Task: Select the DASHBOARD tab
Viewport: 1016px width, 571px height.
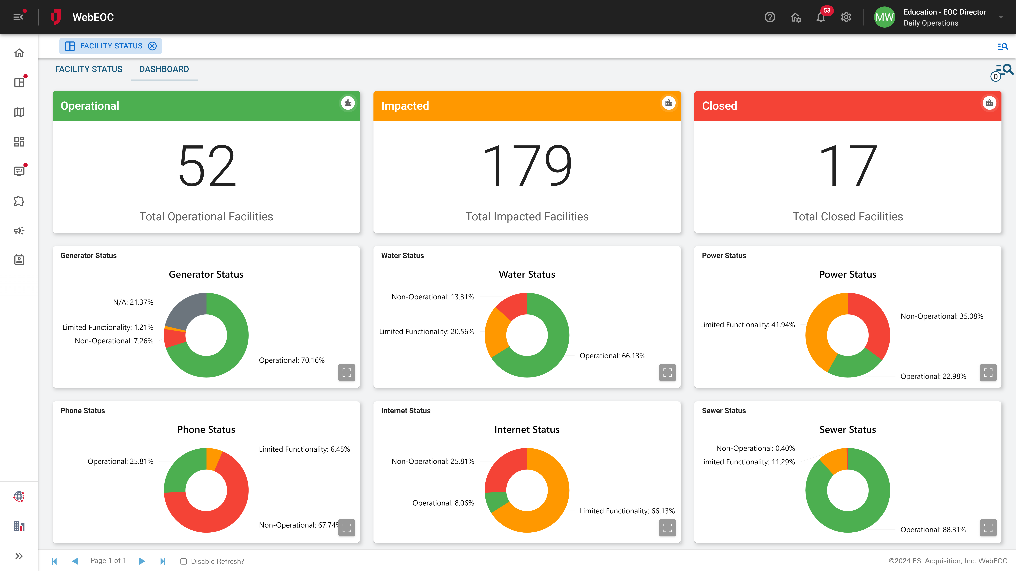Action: pyautogui.click(x=164, y=69)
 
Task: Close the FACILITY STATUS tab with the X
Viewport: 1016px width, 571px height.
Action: pyautogui.click(x=152, y=46)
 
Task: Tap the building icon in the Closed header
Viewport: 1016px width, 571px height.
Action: pyautogui.click(x=989, y=103)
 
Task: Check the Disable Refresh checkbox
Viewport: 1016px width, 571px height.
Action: pyautogui.click(x=183, y=561)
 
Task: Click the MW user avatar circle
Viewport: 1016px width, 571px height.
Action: pyautogui.click(x=884, y=17)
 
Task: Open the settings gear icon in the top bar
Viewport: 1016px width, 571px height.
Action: pyautogui.click(x=846, y=17)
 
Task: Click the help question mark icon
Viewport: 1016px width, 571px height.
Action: pyautogui.click(x=769, y=17)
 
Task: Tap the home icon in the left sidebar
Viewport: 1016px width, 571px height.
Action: pyautogui.click(x=19, y=53)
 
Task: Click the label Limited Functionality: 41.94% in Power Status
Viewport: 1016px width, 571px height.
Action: pyautogui.click(x=747, y=325)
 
